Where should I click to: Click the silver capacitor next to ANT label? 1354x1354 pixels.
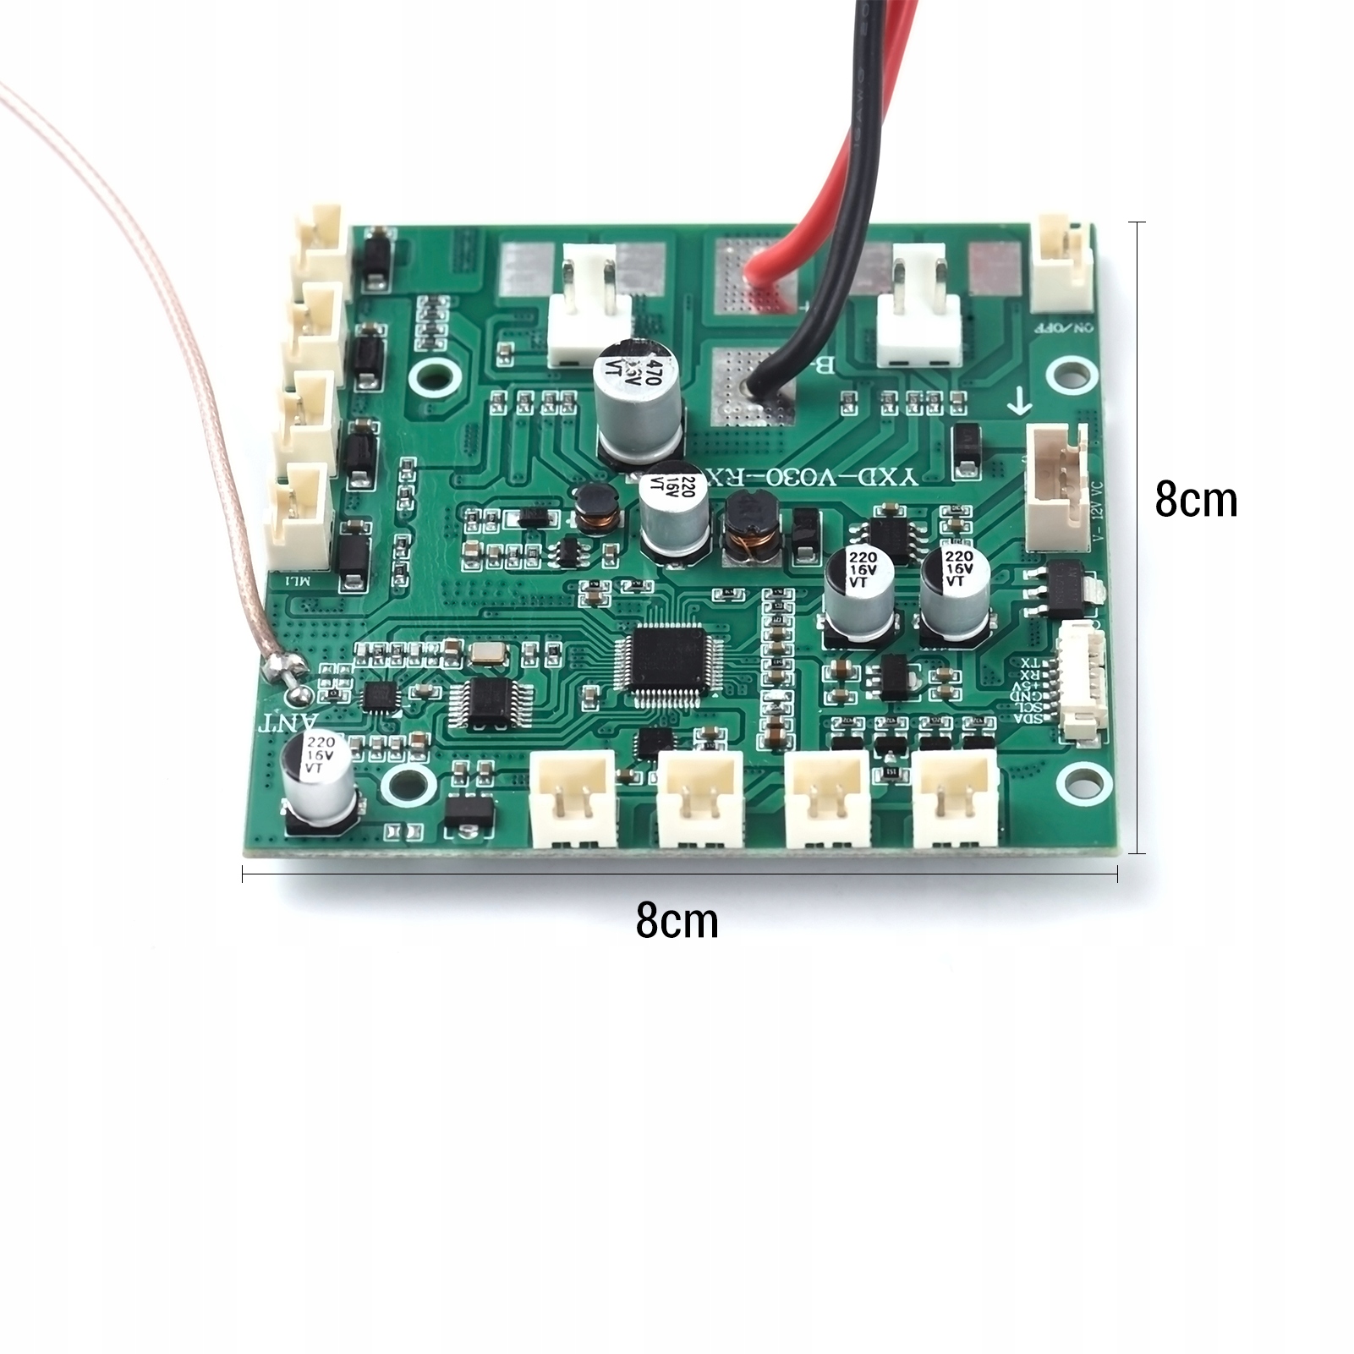coord(319,771)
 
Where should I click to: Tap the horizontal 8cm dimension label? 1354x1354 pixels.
coord(677,920)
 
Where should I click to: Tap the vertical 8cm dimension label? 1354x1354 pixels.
coord(1195,500)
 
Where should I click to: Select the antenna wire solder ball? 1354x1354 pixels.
coord(297,693)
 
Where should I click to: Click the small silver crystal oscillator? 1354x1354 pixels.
coord(485,652)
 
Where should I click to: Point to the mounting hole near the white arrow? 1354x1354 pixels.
coord(1070,372)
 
